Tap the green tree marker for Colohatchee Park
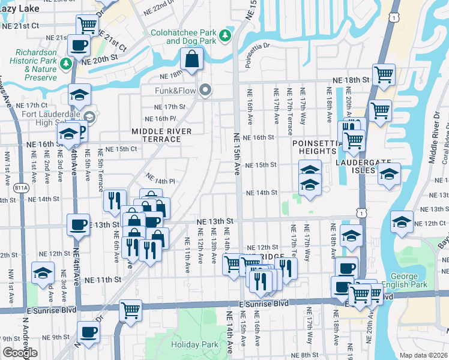click(x=226, y=36)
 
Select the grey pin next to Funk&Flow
click(x=206, y=91)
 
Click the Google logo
click(x=20, y=352)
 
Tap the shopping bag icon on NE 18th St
click(x=191, y=59)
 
